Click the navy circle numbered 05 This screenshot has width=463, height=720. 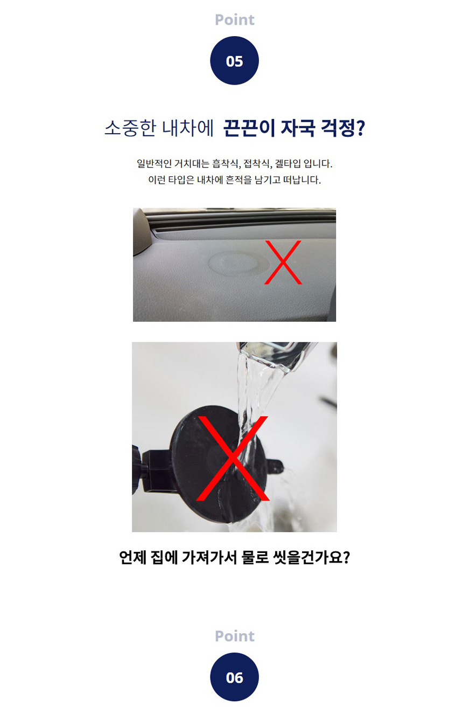[234, 60]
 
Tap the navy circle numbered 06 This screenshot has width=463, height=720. [234, 677]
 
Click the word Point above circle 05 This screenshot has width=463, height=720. [234, 20]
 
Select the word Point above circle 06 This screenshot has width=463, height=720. [234, 636]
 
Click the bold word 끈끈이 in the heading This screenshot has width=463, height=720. [249, 128]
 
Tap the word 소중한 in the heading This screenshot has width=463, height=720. [130, 128]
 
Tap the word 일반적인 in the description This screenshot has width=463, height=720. [154, 164]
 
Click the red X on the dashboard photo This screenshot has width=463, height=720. [283, 262]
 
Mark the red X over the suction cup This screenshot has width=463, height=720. [233, 459]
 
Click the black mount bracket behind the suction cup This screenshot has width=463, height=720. [153, 471]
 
